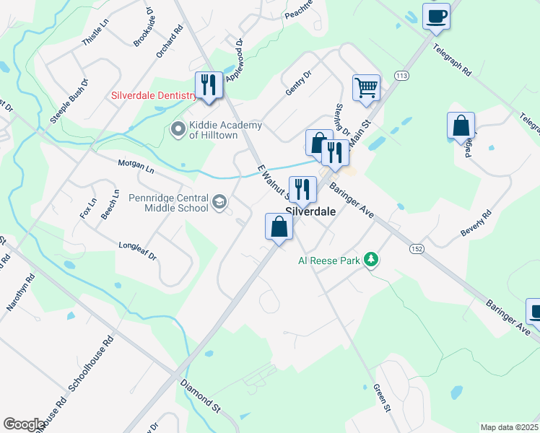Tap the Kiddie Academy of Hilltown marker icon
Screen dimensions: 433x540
178,130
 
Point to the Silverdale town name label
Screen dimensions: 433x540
311,213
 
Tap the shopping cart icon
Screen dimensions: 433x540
366,88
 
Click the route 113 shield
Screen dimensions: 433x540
401,75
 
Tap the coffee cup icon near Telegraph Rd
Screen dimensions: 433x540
437,16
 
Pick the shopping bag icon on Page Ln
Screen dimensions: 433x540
461,126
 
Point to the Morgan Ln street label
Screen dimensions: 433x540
136,166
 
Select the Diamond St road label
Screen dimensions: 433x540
200,396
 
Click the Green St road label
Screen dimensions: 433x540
382,398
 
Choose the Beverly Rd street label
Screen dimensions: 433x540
476,224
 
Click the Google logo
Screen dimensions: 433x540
24,424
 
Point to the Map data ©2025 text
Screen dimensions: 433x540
509,427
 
